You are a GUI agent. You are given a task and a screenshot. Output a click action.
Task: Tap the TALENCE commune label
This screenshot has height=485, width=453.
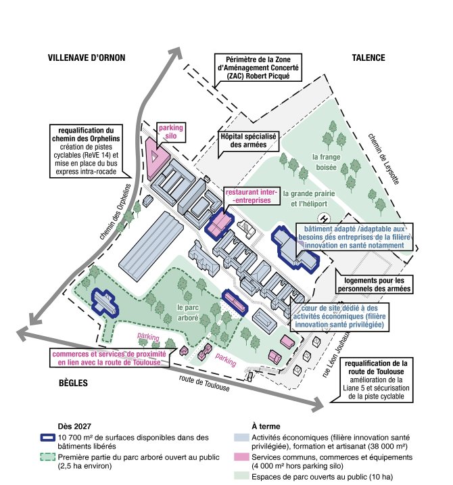[368, 57]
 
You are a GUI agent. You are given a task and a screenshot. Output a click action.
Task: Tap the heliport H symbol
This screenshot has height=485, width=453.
[323, 218]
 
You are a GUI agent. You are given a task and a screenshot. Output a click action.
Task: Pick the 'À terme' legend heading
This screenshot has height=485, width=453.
[264, 427]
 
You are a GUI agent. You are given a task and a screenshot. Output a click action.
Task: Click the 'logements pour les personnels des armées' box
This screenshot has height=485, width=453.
[374, 285]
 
